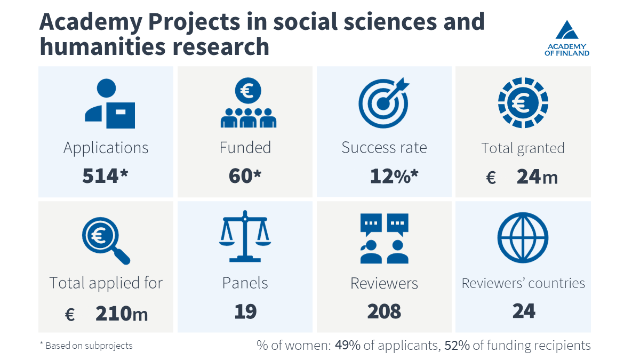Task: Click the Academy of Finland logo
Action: pos(567,38)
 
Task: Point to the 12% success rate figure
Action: pos(388,176)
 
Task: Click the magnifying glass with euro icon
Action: pos(106,239)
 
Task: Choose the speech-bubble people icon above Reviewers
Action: pos(384,238)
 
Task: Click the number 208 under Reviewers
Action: pos(384,311)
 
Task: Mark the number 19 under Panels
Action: pos(245,311)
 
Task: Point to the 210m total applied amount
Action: pos(122,314)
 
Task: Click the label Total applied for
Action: pos(106,283)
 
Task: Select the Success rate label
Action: pos(384,147)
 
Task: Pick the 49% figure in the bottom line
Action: pos(348,346)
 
